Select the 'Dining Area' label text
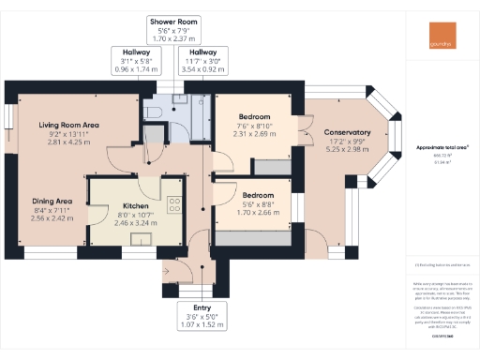click(x=52, y=201)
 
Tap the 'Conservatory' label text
click(x=341, y=132)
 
